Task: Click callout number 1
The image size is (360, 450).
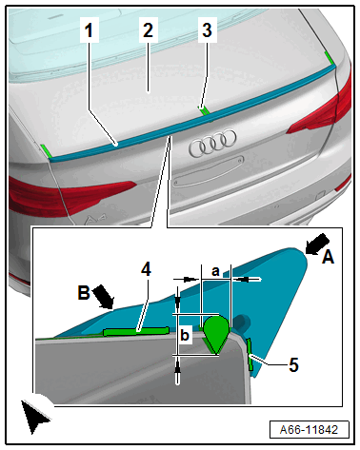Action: (89, 30)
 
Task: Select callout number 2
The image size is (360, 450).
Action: (148, 30)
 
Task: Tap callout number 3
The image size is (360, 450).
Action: (207, 30)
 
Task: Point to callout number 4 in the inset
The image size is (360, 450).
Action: (146, 270)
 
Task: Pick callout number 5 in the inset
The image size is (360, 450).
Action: (293, 364)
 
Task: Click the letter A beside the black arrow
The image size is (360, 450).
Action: (328, 257)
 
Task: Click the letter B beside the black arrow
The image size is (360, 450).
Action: (84, 292)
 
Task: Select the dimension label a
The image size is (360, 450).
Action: (215, 271)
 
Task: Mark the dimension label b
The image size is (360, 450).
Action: (185, 335)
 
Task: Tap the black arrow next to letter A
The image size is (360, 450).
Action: (317, 244)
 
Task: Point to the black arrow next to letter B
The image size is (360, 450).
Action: (104, 296)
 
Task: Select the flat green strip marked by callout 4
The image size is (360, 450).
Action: (136, 331)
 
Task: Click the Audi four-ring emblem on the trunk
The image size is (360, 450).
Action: (212, 143)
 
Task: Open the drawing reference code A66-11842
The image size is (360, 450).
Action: (309, 430)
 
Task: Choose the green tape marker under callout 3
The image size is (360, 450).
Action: (204, 110)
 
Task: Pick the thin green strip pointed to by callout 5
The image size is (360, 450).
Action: (250, 354)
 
